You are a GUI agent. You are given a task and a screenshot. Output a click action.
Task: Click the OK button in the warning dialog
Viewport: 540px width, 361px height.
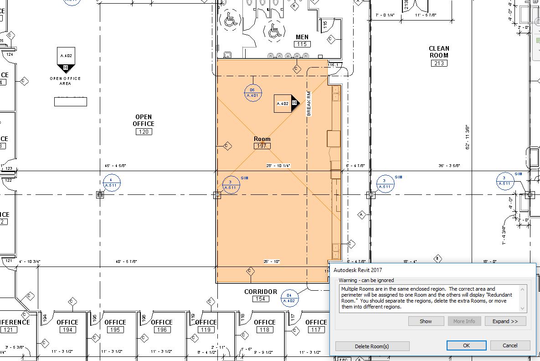tap(466, 345)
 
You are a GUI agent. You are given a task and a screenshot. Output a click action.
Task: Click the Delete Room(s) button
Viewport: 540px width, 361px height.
tap(372, 346)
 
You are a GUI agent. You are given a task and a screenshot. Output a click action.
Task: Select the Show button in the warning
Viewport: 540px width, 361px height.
tap(426, 321)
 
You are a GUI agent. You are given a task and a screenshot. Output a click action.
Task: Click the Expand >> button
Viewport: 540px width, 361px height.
tap(505, 321)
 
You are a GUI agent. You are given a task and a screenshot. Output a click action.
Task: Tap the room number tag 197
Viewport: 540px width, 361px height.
tap(262, 146)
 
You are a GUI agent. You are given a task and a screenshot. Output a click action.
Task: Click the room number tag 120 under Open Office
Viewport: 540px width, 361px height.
tap(144, 132)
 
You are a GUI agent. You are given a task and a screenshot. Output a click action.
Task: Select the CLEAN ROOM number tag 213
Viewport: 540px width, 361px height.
tap(438, 63)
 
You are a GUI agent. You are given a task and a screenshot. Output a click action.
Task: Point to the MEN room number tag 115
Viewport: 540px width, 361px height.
tap(302, 44)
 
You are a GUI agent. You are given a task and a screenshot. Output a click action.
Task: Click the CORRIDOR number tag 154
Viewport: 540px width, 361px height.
tap(260, 299)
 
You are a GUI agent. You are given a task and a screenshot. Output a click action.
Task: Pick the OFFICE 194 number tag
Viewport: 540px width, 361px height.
tap(67, 330)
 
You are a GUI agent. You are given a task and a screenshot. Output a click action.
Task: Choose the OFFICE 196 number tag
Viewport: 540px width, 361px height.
tap(162, 330)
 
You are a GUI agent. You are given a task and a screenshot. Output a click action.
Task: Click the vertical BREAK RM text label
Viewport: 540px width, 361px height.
tap(309, 103)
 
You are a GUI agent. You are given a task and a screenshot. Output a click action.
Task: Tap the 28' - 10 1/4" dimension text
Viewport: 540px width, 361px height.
tap(278, 166)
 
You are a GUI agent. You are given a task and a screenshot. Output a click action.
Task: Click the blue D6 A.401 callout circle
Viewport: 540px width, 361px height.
tap(252, 93)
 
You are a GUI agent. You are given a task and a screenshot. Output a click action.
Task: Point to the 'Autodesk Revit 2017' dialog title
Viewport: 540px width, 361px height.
tap(358, 270)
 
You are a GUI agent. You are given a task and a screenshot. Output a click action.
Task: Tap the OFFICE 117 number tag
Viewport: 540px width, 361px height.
tap(316, 330)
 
